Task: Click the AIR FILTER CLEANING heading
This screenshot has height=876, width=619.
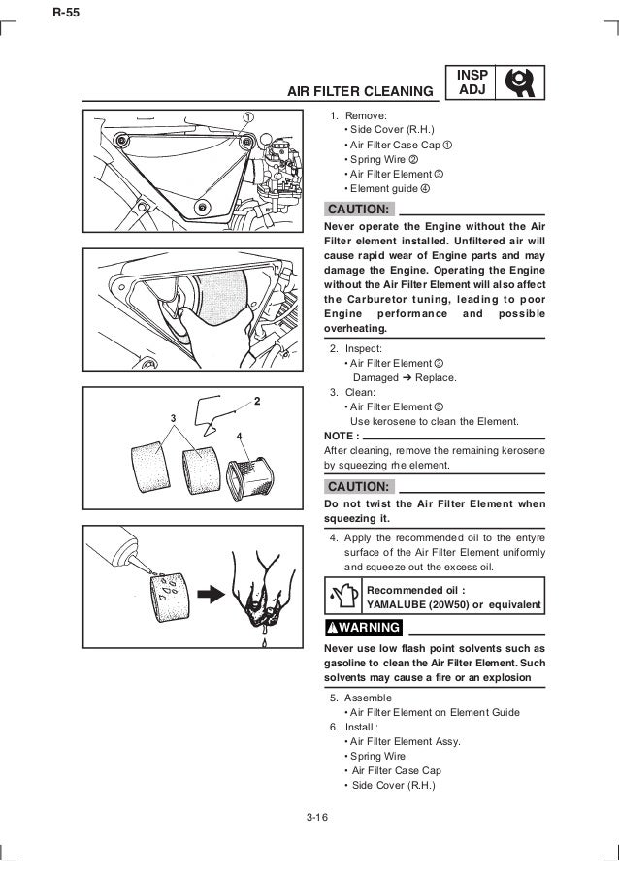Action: pyautogui.click(x=360, y=93)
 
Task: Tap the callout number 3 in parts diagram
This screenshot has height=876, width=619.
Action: pyautogui.click(x=173, y=417)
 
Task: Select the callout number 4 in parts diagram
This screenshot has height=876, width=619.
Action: pyautogui.click(x=239, y=437)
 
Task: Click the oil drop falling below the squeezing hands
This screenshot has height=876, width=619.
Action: pyautogui.click(x=265, y=640)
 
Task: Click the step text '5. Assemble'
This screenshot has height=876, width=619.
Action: pyautogui.click(x=361, y=698)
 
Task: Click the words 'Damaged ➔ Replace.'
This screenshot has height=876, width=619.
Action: pyautogui.click(x=399, y=377)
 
